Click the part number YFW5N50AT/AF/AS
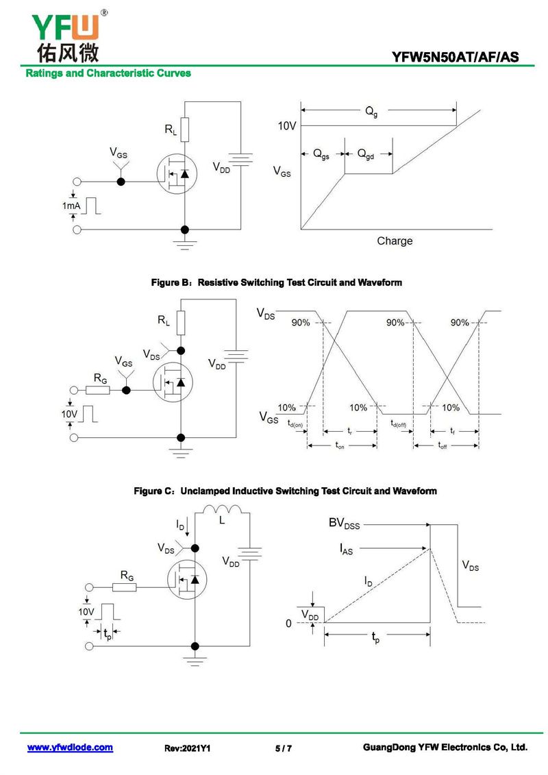pos(455,58)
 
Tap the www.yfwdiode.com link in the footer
pos(70,748)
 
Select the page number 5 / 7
pos(283,748)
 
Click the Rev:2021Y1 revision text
pos(187,748)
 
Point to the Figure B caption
pos(276,282)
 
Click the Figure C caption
pos(285,491)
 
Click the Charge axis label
pos(395,241)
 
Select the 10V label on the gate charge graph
pos(286,126)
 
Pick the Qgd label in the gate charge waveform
pos(366,155)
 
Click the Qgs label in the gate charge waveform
pos(321,155)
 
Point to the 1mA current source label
pos(71,206)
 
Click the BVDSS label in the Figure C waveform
pos(344,524)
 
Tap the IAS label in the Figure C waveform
pos(347,548)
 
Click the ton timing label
pos(340,446)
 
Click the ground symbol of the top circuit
pos(184,242)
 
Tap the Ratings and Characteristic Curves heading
pos(108,73)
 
